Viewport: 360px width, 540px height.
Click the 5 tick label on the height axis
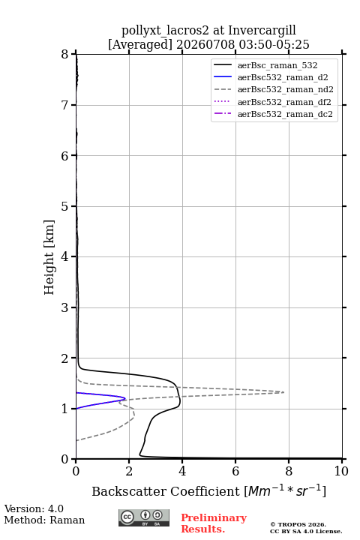(64, 206)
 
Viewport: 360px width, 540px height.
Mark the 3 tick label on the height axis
(64, 307)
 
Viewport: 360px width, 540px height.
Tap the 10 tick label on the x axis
(341, 471)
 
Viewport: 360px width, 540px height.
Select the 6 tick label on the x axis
(235, 471)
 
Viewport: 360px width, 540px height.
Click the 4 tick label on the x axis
(182, 471)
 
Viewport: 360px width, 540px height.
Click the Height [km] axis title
(49, 257)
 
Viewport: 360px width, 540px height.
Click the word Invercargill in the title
(262, 31)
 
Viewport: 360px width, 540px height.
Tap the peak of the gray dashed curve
(283, 392)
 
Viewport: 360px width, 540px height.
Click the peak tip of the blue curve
(125, 399)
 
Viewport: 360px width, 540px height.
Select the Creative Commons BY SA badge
(144, 518)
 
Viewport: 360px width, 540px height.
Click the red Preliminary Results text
(214, 523)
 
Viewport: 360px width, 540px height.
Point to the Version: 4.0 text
(34, 508)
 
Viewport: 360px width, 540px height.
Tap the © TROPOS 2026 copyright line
(298, 524)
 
